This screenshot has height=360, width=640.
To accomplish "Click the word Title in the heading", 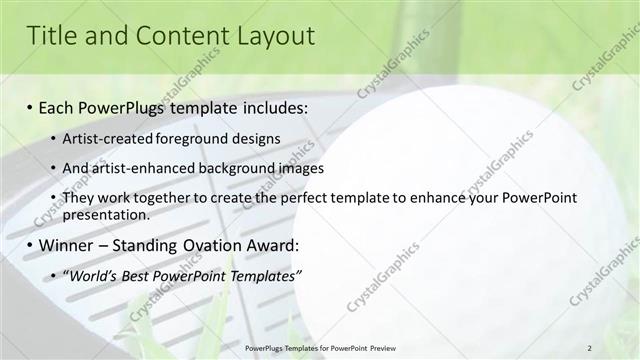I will [50, 37].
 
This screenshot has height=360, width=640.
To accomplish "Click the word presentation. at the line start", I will [106, 214].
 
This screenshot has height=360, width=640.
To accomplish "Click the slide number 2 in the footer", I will [590, 347].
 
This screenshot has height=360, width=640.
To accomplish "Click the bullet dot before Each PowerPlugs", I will [30, 106].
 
